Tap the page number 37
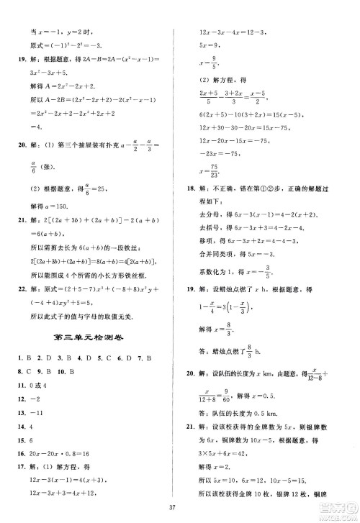180,513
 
